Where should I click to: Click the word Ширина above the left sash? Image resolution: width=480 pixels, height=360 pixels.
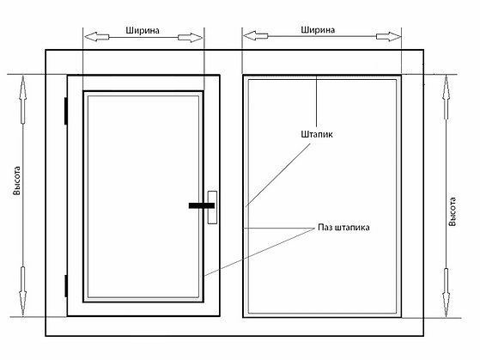coord(143,31)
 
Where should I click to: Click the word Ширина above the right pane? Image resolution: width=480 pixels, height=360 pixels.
coord(318,30)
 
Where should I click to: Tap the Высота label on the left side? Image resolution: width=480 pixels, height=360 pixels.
coord(16,180)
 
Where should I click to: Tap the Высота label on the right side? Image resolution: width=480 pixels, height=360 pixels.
coord(453,211)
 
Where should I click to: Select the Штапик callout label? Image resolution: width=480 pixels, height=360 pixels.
coord(317,134)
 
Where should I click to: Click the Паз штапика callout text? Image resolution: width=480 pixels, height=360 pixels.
coord(343,228)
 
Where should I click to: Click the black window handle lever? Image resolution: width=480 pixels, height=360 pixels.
coord(202,205)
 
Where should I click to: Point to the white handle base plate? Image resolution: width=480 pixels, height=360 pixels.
coord(212,207)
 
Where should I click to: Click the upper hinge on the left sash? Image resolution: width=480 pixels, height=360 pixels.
coord(66,111)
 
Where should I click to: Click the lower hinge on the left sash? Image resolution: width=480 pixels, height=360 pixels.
coord(66,286)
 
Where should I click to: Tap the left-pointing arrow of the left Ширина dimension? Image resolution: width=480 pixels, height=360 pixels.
coord(96,37)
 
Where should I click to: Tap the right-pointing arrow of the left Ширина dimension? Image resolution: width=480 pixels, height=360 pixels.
coord(190,38)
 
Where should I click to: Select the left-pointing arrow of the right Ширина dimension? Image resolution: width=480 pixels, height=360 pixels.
coord(255,35)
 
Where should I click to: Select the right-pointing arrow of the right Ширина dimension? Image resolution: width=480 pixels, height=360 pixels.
coord(388,36)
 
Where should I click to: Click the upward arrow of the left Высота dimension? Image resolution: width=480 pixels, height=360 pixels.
coord(22,101)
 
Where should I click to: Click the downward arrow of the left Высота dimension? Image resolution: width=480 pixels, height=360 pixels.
coord(22,291)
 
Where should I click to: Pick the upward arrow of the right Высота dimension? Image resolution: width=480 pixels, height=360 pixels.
coord(447,97)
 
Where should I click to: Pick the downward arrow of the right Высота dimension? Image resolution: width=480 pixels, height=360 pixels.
coord(447,293)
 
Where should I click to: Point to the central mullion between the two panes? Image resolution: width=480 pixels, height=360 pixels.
coord(232,196)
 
